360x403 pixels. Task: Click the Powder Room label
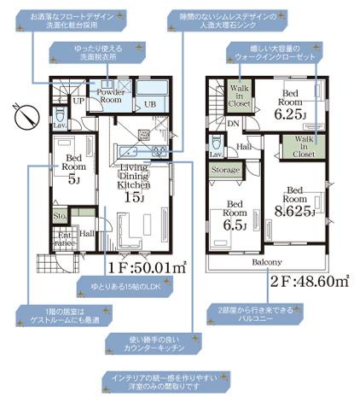109,96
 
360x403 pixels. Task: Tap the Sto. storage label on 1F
59,218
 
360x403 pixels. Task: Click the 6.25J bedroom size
291,111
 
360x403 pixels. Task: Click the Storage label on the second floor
227,171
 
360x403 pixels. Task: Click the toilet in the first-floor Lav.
59,116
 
